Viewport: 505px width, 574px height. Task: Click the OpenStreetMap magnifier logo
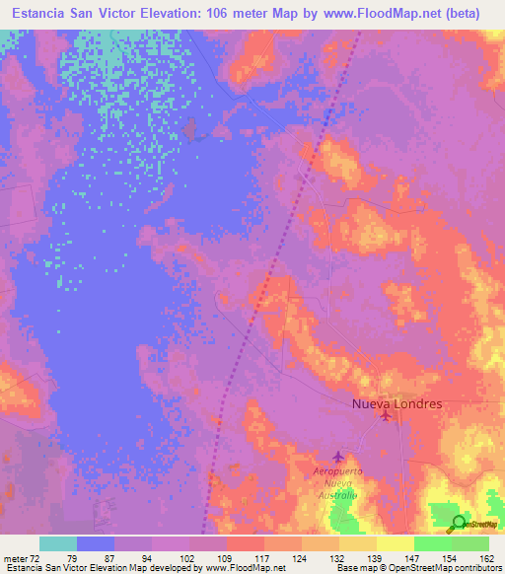[459, 524]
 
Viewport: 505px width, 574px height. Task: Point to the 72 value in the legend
[39, 558]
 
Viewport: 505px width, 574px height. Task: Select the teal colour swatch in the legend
[58, 543]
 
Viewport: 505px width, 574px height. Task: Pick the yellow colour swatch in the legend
[396, 543]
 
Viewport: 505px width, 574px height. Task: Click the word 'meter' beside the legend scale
[16, 558]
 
